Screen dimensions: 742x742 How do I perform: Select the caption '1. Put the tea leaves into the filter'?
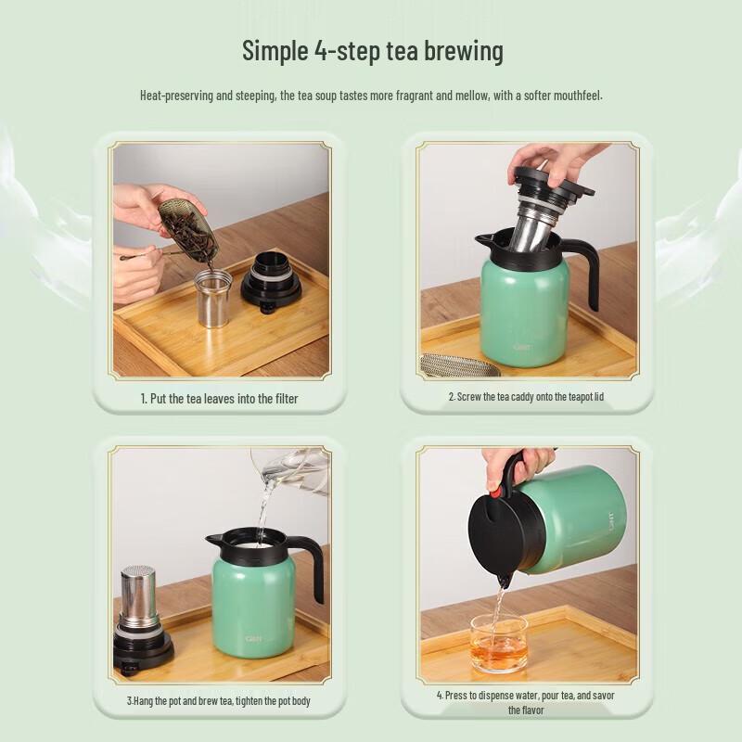[x=219, y=398]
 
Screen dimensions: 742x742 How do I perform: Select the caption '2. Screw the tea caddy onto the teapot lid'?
[x=527, y=397]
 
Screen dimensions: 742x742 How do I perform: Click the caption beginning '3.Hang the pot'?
[x=219, y=700]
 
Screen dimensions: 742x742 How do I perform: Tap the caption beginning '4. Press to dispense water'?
[x=526, y=702]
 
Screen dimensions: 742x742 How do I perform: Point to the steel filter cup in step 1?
[x=213, y=298]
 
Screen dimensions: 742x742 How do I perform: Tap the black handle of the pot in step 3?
[x=311, y=566]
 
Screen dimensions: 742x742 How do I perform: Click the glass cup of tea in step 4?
[x=498, y=644]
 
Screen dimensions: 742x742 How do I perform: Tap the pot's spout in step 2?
[x=482, y=242]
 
